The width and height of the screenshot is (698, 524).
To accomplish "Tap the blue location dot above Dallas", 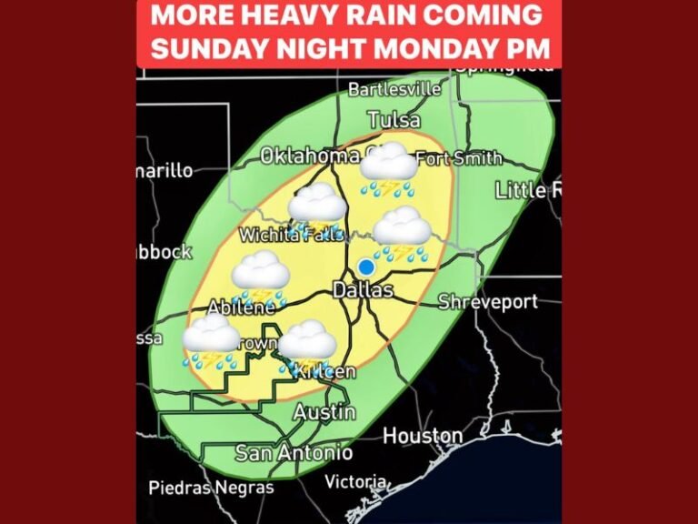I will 365,267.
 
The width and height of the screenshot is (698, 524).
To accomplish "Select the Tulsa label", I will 394,120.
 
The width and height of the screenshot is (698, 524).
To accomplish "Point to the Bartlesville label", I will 394,89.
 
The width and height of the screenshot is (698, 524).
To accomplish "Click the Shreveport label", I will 488,302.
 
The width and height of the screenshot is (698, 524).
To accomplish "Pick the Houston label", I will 423,437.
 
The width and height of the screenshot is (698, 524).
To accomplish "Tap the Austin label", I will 324,411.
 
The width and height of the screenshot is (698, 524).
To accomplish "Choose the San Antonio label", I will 294,452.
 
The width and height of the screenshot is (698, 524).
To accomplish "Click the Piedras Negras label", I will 211,489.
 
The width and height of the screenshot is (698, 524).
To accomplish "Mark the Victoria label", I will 355,481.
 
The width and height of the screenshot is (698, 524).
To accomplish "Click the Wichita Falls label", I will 290,235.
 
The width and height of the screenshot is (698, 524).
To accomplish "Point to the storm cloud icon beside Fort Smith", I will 389,169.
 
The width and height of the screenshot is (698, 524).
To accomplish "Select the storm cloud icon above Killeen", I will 307,346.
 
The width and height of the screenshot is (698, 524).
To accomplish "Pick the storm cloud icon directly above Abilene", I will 260,277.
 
